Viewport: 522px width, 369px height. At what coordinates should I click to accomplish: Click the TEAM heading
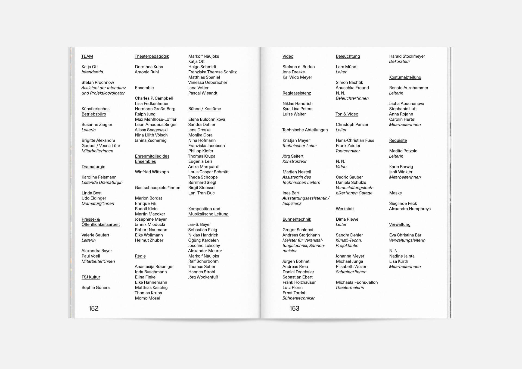pyautogui.click(x=87, y=56)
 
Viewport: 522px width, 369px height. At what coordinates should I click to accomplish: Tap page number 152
pyautogui.click(x=93, y=308)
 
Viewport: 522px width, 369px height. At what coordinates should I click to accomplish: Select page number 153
pyautogui.click(x=294, y=308)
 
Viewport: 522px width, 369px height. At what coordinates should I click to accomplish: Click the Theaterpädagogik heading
pyautogui.click(x=152, y=56)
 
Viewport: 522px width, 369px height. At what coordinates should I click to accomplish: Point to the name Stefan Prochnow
pyautogui.click(x=98, y=82)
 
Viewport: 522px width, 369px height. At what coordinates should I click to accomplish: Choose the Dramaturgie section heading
pyautogui.click(x=93, y=167)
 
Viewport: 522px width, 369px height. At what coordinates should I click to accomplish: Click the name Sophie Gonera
pyautogui.click(x=95, y=287)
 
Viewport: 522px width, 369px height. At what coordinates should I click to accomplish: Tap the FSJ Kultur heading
pyautogui.click(x=91, y=277)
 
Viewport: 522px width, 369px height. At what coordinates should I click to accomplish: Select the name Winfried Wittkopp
pyautogui.click(x=152, y=172)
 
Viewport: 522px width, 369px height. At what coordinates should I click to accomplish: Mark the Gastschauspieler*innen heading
pyautogui.click(x=157, y=187)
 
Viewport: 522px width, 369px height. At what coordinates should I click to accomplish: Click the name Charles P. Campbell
pyautogui.click(x=154, y=98)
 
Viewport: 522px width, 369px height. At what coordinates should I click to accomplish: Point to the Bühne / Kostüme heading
pyautogui.click(x=204, y=109)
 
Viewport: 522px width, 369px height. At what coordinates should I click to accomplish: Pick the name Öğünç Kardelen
pyautogui.click(x=203, y=240)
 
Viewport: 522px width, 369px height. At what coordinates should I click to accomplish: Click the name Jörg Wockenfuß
pyautogui.click(x=203, y=277)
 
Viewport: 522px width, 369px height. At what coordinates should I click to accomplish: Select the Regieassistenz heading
pyautogui.click(x=297, y=93)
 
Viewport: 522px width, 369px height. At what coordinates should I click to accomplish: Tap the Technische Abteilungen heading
pyautogui.click(x=305, y=130)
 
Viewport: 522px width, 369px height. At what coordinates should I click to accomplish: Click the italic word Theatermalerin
pyautogui.click(x=350, y=287)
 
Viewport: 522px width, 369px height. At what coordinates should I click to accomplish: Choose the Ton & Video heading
pyautogui.click(x=347, y=114)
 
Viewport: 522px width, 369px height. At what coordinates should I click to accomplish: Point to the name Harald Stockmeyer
pyautogui.click(x=407, y=56)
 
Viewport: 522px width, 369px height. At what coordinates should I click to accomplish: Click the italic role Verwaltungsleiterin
pyautogui.click(x=407, y=240)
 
